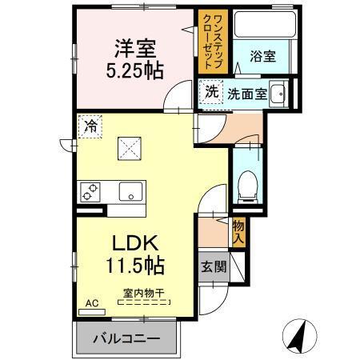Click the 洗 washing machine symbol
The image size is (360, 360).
(x=210, y=90)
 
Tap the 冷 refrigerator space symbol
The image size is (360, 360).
(x=90, y=126)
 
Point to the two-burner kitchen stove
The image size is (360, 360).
(x=89, y=191)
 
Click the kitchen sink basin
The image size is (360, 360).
(x=128, y=191)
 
